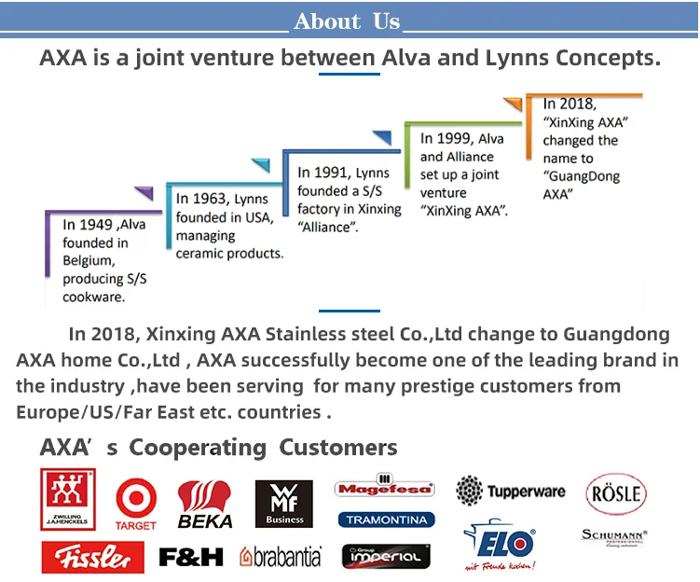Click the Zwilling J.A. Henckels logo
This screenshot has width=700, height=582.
pos(68,500)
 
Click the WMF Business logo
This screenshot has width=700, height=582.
pos(284,504)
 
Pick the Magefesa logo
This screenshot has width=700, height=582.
pos(385,488)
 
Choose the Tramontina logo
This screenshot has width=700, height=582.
pos(385,520)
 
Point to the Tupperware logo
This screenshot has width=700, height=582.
pos(511,492)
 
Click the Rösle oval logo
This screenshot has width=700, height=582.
pos(615,492)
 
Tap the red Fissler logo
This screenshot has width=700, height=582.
pos(92,557)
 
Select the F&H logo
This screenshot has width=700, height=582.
pos(191,557)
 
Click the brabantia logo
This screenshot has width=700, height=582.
pos(281,557)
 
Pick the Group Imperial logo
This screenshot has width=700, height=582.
pos(385,557)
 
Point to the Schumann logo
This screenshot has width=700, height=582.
pos(614,536)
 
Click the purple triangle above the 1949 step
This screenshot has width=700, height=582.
pos(143,194)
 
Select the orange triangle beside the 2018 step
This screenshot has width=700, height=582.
pos(513,104)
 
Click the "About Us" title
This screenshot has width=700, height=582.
pos(346,21)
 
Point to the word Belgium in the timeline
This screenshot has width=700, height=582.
pos(88,261)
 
